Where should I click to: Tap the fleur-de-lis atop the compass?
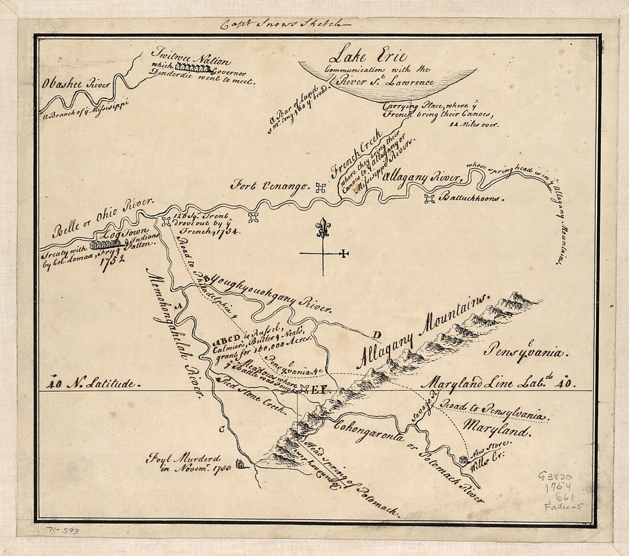coord(324,227)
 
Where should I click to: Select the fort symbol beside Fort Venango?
coord(321,187)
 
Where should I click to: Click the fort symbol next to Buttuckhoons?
coord(429,198)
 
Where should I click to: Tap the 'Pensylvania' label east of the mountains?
coord(526,351)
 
